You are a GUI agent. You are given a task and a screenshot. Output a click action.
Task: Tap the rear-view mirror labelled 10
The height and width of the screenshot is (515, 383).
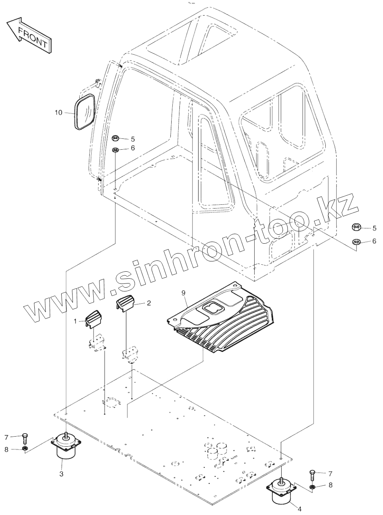85,112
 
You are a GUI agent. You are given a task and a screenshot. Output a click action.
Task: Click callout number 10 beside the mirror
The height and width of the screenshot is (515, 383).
59,113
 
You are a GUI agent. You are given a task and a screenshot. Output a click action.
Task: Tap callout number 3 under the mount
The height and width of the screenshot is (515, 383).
61,474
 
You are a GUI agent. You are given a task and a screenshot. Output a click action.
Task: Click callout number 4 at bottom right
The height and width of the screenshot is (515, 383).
299,509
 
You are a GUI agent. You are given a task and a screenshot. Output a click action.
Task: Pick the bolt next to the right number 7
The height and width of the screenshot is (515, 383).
312,475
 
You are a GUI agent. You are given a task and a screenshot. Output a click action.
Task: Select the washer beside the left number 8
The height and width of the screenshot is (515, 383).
24,450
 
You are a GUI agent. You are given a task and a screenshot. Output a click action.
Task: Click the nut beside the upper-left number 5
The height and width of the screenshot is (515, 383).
115,138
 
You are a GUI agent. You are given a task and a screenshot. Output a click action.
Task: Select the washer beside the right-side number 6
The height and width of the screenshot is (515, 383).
356,241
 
